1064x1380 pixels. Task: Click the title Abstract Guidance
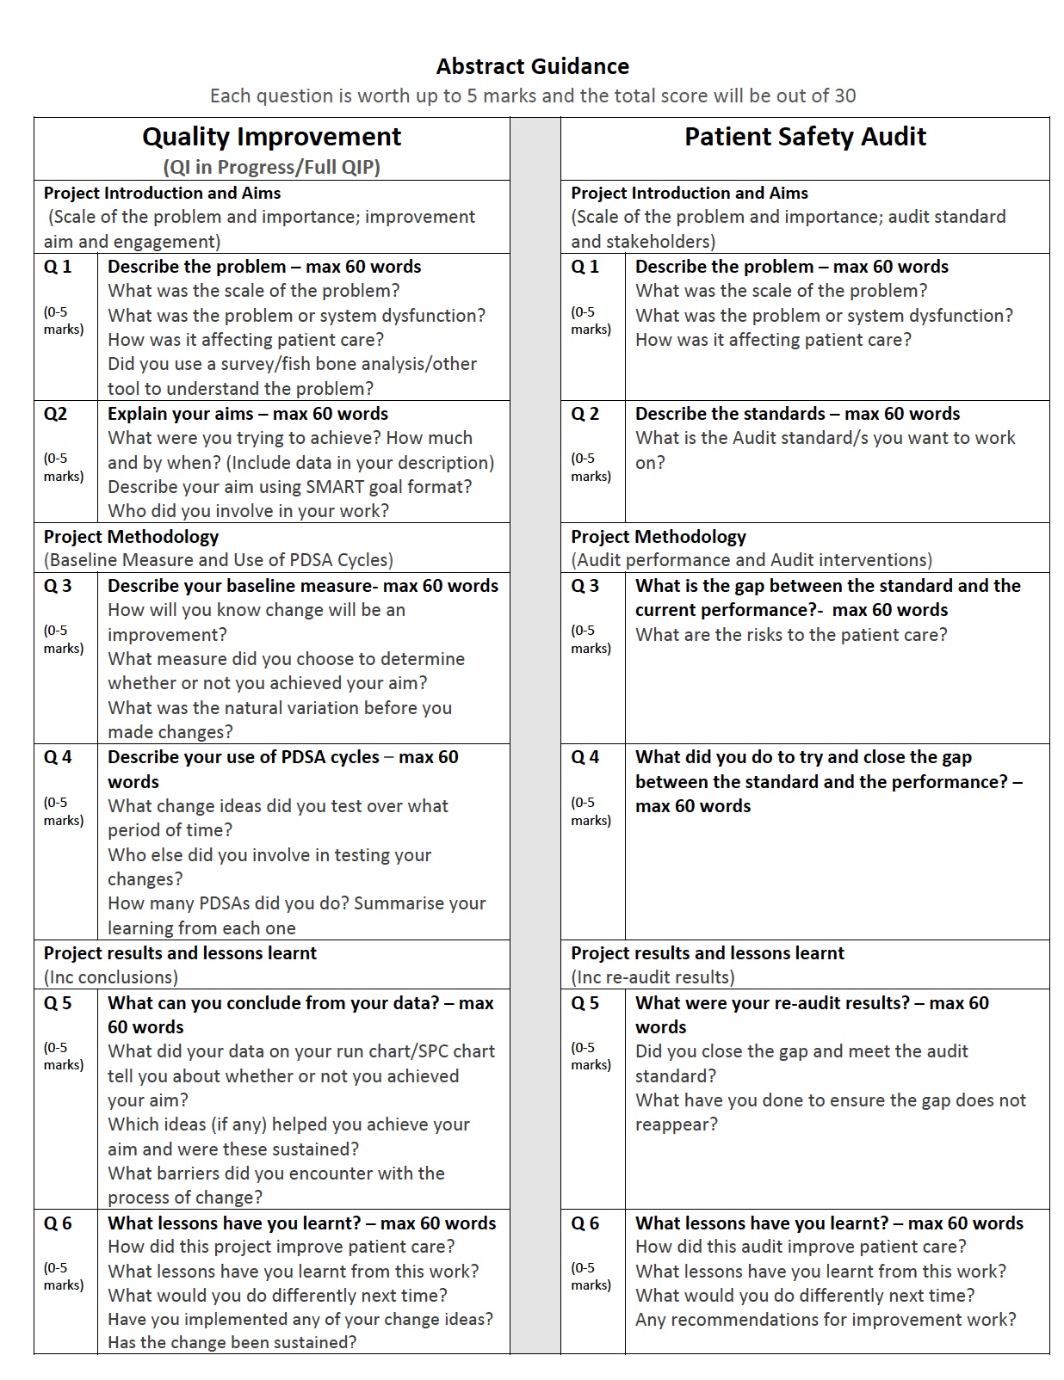tap(532, 66)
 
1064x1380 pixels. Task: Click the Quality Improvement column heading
tap(271, 137)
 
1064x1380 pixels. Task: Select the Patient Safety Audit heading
tap(805, 137)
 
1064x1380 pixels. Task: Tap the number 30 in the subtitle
tap(844, 95)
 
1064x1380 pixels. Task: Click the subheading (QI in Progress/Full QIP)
tap(271, 167)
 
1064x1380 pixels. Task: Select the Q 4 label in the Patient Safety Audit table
tap(585, 757)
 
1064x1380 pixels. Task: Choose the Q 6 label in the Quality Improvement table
tap(58, 1223)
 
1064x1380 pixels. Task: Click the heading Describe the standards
tap(730, 414)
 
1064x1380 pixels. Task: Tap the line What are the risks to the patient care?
tap(790, 635)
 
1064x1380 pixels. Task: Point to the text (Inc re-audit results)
tap(653, 977)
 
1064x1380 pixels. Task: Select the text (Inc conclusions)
tap(111, 977)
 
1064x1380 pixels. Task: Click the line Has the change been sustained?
tap(232, 1343)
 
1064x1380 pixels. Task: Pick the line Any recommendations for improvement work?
tap(825, 1320)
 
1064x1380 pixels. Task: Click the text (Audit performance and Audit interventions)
tap(751, 560)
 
